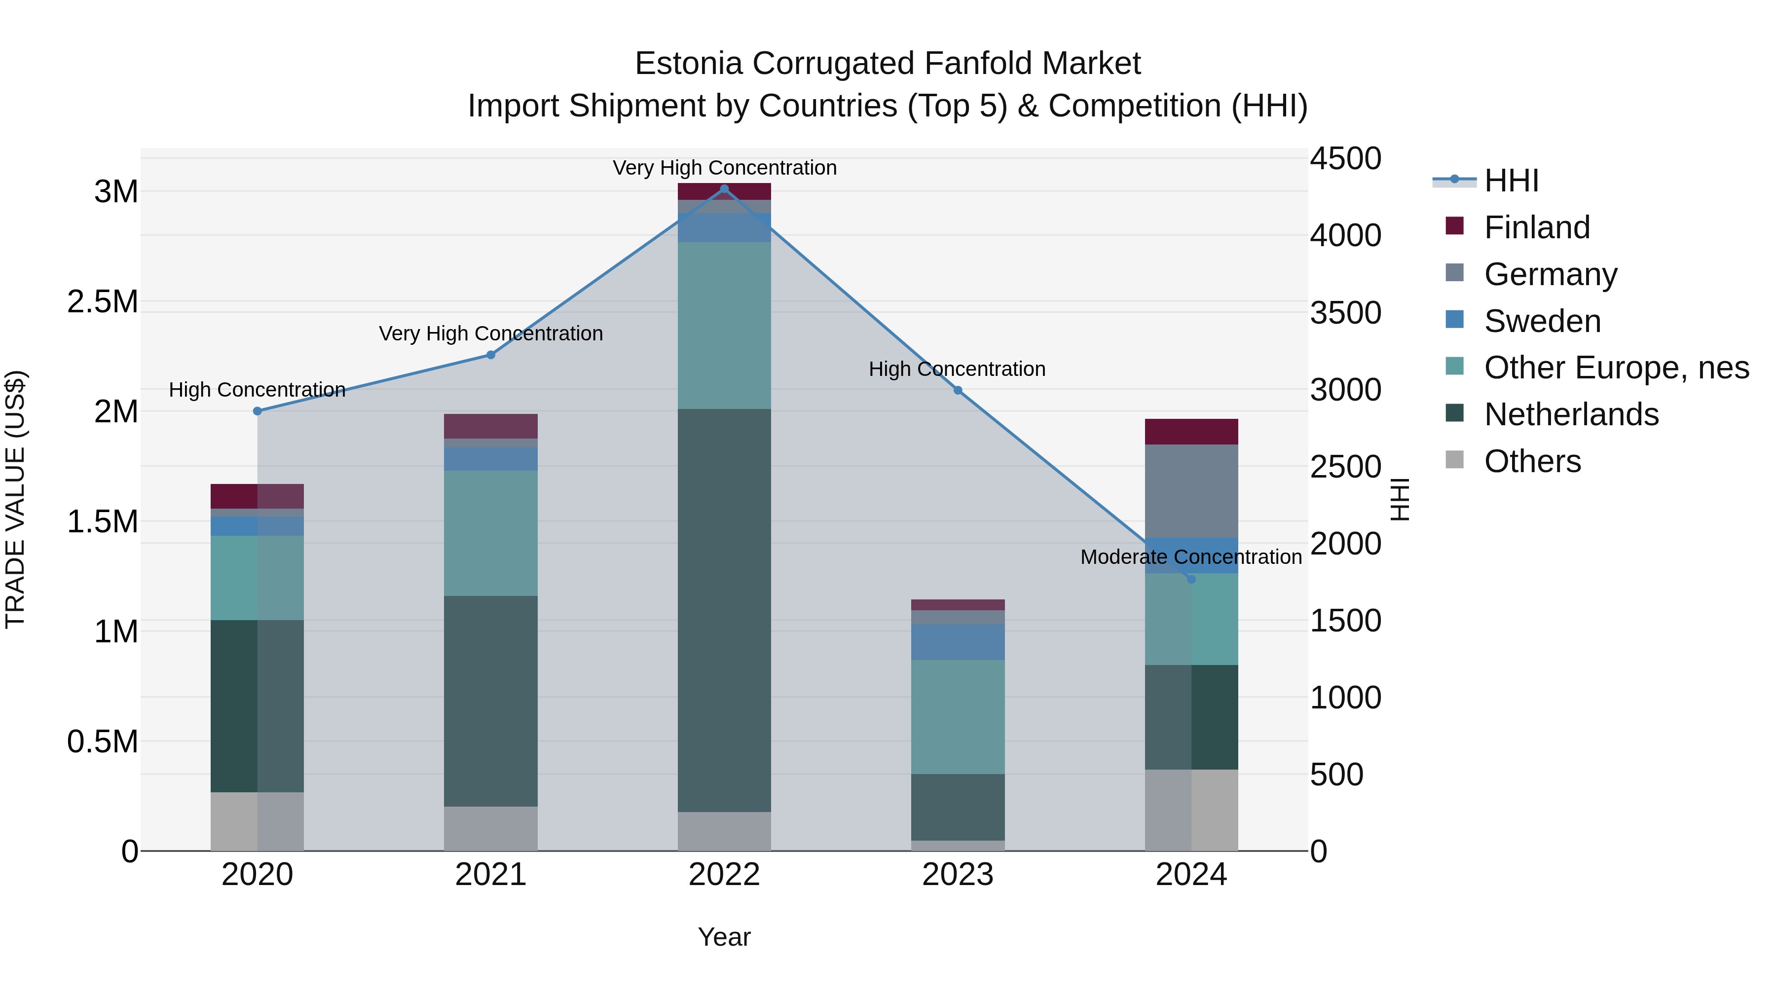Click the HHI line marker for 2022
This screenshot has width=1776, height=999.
(x=724, y=189)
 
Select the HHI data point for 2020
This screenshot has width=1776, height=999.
(x=257, y=411)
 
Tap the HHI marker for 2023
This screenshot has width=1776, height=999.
(x=958, y=390)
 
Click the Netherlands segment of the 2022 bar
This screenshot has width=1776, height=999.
(x=724, y=610)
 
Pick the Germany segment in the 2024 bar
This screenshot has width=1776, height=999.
(x=1191, y=491)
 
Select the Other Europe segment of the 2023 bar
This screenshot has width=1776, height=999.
(x=958, y=717)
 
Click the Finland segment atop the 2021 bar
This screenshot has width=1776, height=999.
(x=490, y=426)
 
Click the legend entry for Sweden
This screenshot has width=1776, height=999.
(x=1542, y=321)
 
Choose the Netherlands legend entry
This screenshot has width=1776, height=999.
(x=1571, y=414)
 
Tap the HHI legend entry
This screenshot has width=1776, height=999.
(x=1511, y=181)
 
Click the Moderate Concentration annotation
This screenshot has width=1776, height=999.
(x=1191, y=557)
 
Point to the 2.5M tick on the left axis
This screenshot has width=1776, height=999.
(x=103, y=302)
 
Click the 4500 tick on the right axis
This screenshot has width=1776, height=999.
(x=1345, y=158)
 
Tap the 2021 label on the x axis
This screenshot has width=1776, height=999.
(x=490, y=875)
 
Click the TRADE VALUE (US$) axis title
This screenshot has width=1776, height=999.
(x=15, y=499)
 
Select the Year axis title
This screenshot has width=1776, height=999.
(x=724, y=937)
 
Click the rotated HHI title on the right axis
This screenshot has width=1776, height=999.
(x=1400, y=499)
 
